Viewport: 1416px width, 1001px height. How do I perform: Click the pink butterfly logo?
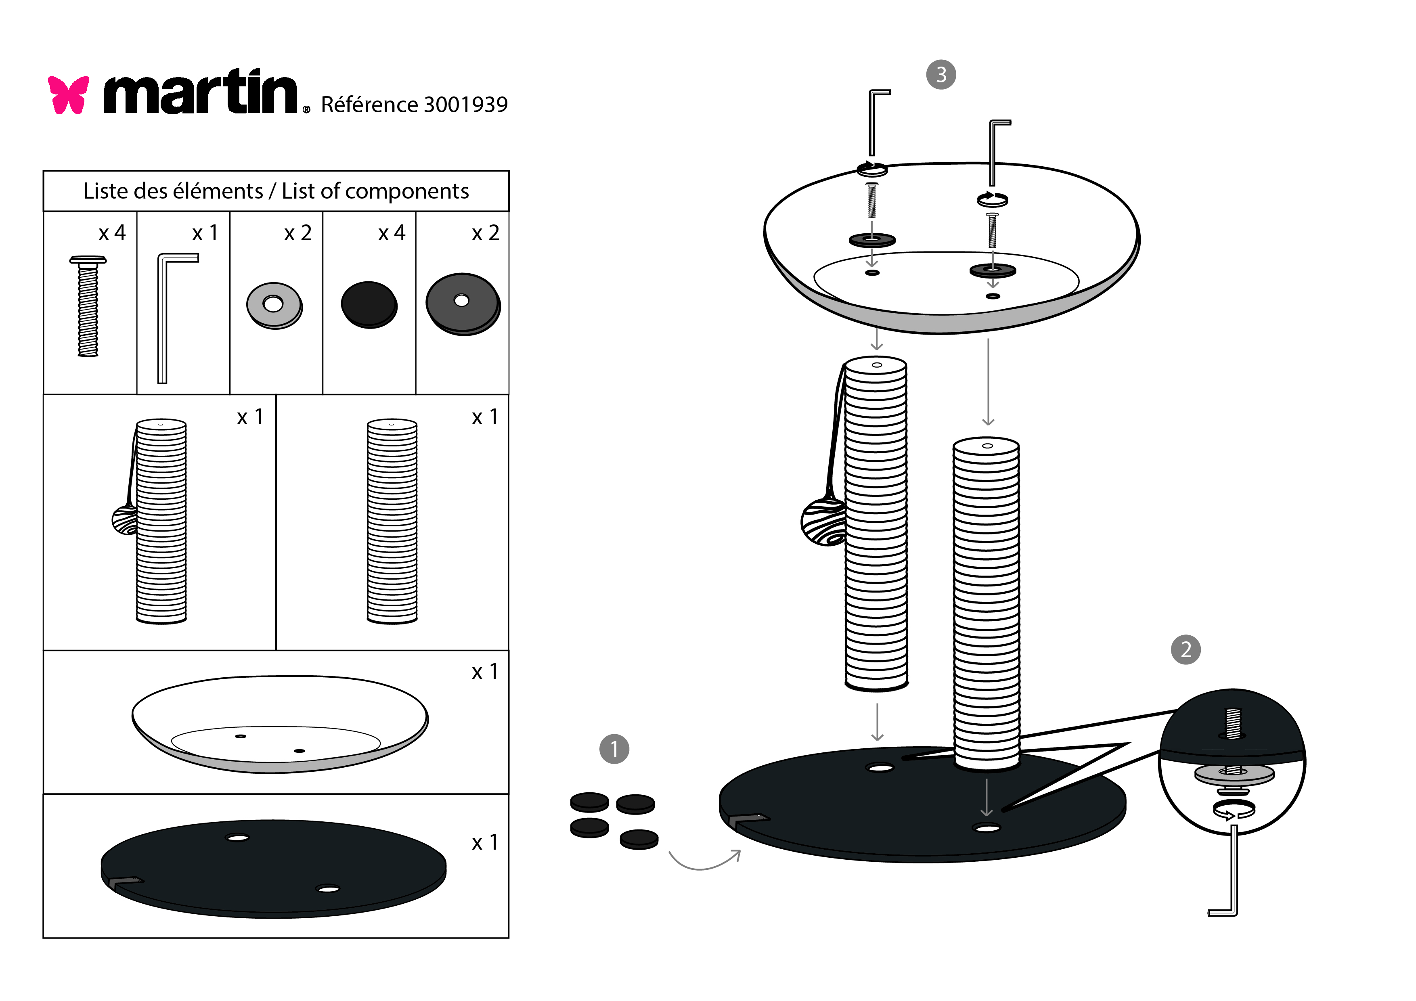[x=69, y=95]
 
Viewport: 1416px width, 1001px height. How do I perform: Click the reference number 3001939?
[x=466, y=105]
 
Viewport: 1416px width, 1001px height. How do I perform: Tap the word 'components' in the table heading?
[x=406, y=191]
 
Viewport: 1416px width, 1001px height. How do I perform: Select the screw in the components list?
[x=88, y=306]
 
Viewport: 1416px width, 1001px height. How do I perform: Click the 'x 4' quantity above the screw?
[x=112, y=233]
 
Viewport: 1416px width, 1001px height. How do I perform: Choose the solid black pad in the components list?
[x=369, y=305]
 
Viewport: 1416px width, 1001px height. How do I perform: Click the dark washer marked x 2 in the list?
[x=463, y=304]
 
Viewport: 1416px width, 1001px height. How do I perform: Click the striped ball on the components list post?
[x=125, y=520]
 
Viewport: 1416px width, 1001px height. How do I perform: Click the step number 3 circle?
[x=941, y=75]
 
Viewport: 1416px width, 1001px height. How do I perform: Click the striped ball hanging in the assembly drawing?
[x=823, y=522]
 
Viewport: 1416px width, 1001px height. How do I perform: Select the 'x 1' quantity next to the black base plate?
[x=484, y=842]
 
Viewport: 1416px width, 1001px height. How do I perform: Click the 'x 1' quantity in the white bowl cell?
[x=484, y=672]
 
